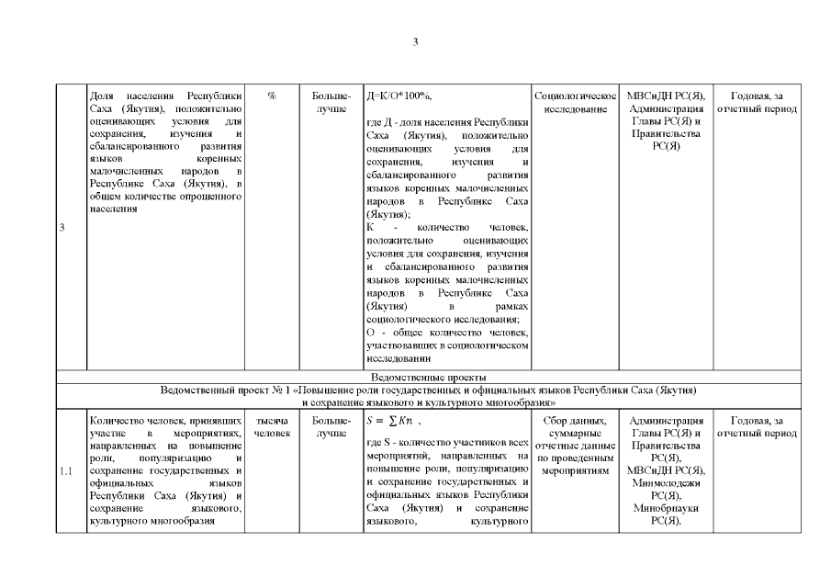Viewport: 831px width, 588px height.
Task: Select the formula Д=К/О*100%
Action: pos(399,96)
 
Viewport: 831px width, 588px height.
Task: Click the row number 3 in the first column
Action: pos(61,229)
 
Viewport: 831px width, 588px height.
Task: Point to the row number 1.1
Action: pos(65,472)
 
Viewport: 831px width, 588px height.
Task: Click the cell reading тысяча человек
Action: pos(272,426)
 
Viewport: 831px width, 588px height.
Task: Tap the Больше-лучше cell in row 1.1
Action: pos(331,426)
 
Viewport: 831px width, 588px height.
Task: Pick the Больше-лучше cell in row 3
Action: pos(331,102)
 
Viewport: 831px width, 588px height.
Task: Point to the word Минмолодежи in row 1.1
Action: pos(666,483)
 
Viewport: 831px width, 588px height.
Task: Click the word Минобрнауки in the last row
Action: pos(666,508)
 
